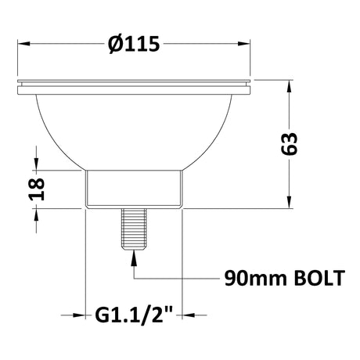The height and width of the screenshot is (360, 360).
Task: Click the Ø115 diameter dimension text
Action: [x=135, y=45]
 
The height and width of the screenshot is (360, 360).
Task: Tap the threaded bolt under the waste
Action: [x=133, y=229]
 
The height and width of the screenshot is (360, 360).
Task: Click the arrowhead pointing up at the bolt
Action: [x=133, y=254]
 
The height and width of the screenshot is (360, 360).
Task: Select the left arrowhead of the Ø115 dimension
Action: [x=22, y=44]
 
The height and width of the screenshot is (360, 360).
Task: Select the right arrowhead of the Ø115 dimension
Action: [x=247, y=44]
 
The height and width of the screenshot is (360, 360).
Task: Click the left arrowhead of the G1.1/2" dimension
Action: [x=77, y=316]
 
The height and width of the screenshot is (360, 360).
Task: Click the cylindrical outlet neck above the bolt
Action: [x=133, y=189]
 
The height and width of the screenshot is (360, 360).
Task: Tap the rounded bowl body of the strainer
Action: [x=135, y=129]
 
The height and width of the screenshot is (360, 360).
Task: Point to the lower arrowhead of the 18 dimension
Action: [x=34, y=214]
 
